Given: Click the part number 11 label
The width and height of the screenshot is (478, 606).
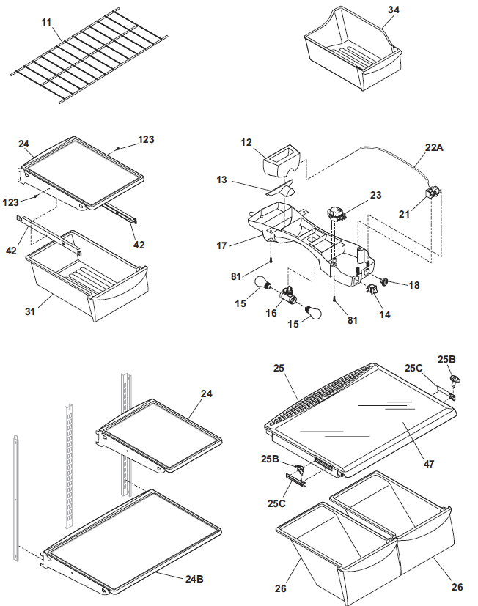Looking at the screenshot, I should [46, 23].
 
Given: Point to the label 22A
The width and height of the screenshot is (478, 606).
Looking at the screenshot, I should [435, 146].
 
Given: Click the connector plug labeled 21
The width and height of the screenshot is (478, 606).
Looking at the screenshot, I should [432, 194].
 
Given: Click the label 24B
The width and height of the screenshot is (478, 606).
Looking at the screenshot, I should [194, 578].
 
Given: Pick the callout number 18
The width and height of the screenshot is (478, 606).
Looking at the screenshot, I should [414, 285].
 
